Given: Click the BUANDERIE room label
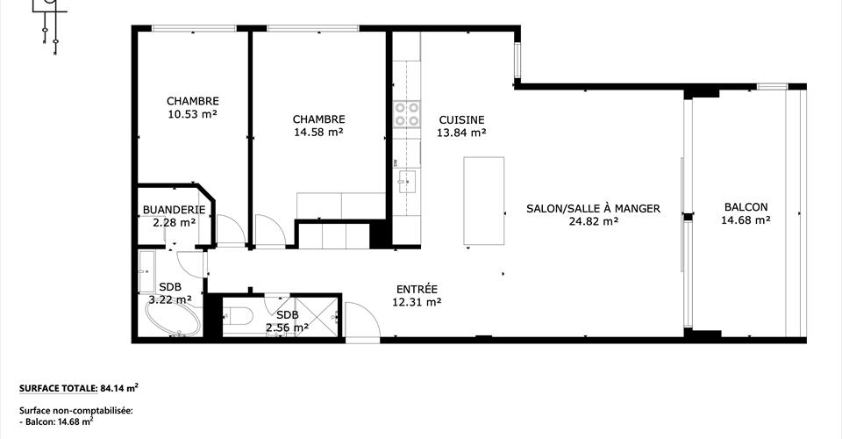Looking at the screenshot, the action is [174, 210].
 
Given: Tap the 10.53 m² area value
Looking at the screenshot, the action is [193, 114].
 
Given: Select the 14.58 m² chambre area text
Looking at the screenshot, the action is [318, 133].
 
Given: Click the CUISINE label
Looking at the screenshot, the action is [462, 120].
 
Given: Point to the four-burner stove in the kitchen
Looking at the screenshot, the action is [406, 114].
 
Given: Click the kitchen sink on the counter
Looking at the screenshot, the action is [406, 182].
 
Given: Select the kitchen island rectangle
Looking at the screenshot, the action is [484, 200].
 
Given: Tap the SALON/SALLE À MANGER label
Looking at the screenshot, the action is [594, 208].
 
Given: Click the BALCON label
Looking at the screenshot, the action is [746, 207].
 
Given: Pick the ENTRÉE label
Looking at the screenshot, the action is [417, 289].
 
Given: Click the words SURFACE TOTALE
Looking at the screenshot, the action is [58, 388].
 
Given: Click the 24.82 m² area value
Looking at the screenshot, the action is [594, 221].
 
